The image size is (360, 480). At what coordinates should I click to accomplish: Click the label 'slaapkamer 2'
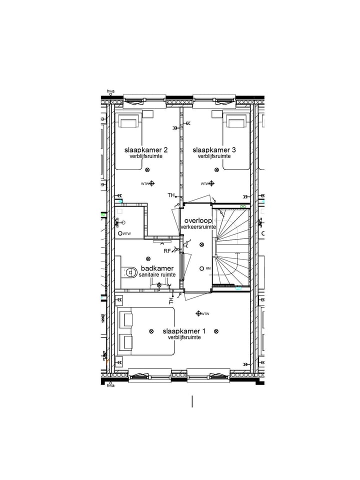(146, 150)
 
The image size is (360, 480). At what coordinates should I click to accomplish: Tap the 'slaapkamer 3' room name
(214, 150)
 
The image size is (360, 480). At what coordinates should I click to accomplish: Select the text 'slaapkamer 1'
(184, 331)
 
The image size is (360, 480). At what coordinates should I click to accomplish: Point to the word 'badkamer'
(157, 268)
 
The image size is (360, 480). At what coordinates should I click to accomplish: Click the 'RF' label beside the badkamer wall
(167, 251)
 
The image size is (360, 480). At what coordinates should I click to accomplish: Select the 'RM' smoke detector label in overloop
(208, 268)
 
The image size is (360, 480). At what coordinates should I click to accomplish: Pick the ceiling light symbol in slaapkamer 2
(148, 170)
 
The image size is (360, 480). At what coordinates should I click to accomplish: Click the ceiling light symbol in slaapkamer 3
(216, 170)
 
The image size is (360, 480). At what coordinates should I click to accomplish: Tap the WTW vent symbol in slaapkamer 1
(198, 313)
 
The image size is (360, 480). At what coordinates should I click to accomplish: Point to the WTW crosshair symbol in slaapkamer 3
(211, 183)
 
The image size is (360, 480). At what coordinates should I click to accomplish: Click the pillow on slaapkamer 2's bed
(128, 121)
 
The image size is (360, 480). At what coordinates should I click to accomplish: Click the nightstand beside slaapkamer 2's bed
(148, 113)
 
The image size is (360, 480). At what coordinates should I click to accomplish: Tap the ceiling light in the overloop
(201, 244)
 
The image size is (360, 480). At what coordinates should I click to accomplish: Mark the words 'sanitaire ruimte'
(157, 275)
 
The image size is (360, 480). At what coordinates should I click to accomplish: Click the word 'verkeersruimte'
(198, 227)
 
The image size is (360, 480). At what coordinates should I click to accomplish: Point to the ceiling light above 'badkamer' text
(148, 258)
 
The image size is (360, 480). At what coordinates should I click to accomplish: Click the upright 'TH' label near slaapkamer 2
(171, 195)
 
